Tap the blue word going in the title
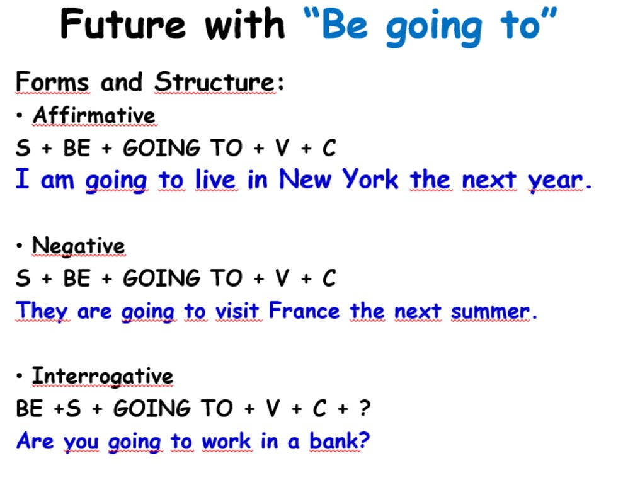point(434,28)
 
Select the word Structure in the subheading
point(215,82)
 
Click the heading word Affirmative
point(94,115)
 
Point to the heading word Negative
point(79,246)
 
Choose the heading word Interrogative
point(103,377)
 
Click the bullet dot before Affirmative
point(19,115)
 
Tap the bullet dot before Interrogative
point(19,376)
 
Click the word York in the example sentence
point(370,179)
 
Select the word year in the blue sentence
point(555,181)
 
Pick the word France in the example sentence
point(304,311)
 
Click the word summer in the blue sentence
point(490,312)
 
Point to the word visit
point(237,311)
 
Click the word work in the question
point(227,441)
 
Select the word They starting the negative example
point(42,312)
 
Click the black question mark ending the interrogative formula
point(365,408)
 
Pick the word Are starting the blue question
point(35,441)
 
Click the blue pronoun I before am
point(23,178)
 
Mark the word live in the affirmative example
point(215,179)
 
